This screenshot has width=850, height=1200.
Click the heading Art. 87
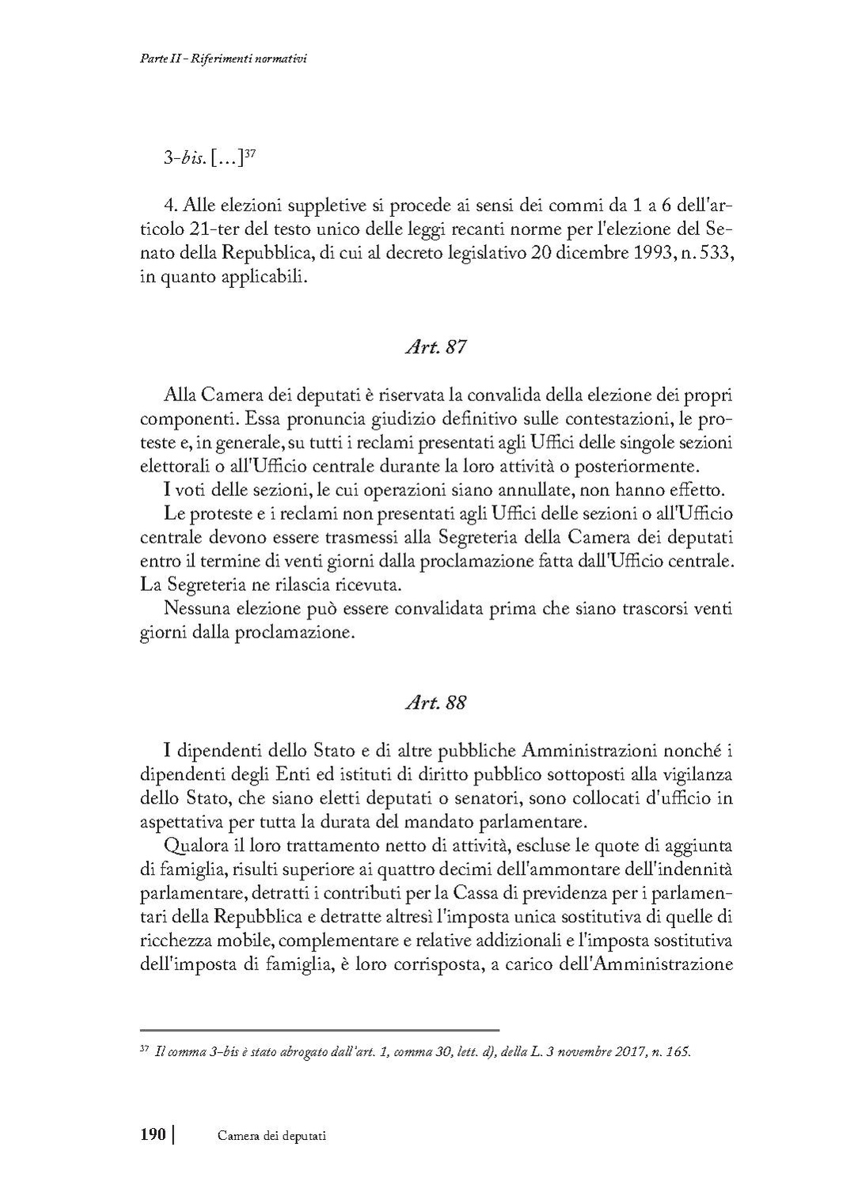[x=435, y=347]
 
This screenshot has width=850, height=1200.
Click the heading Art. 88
[x=435, y=702]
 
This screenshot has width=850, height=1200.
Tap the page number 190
[x=153, y=1135]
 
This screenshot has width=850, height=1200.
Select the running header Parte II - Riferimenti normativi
[x=218, y=59]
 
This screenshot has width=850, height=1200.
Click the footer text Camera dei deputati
[x=271, y=1136]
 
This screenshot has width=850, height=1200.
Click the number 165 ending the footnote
[x=680, y=1052]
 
